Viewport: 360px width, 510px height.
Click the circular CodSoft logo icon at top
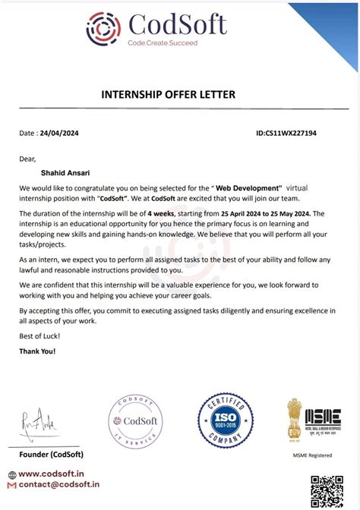104,27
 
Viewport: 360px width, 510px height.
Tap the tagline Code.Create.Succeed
162,43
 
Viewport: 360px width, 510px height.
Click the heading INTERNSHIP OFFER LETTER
168,94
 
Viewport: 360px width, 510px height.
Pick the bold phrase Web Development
248,187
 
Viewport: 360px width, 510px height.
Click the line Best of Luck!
40,335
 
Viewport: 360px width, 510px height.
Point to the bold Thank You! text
37,351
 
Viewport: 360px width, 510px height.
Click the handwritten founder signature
38,420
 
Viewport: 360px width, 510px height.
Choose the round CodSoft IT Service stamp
135,422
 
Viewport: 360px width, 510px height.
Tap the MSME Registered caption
313,455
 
